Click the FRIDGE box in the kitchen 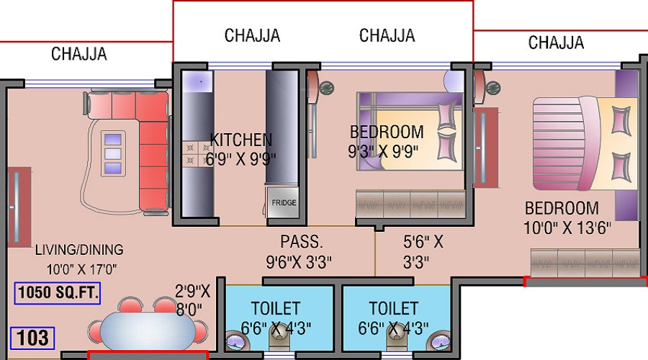click(x=283, y=202)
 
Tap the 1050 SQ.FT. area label click(x=58, y=293)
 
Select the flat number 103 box click(x=32, y=338)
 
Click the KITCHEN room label click(x=241, y=140)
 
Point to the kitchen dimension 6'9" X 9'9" click(x=240, y=158)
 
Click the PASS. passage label click(x=301, y=242)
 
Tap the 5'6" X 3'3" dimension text click(x=423, y=252)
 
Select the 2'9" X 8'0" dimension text click(x=192, y=300)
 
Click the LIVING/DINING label click(x=79, y=250)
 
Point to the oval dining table click(x=148, y=330)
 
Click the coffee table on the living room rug click(x=113, y=153)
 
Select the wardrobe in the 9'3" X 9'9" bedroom click(x=410, y=204)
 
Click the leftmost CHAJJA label click(x=79, y=54)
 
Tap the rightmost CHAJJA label click(x=556, y=42)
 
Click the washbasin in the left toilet click(x=237, y=341)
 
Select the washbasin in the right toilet click(x=439, y=341)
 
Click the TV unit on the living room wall click(x=19, y=207)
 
